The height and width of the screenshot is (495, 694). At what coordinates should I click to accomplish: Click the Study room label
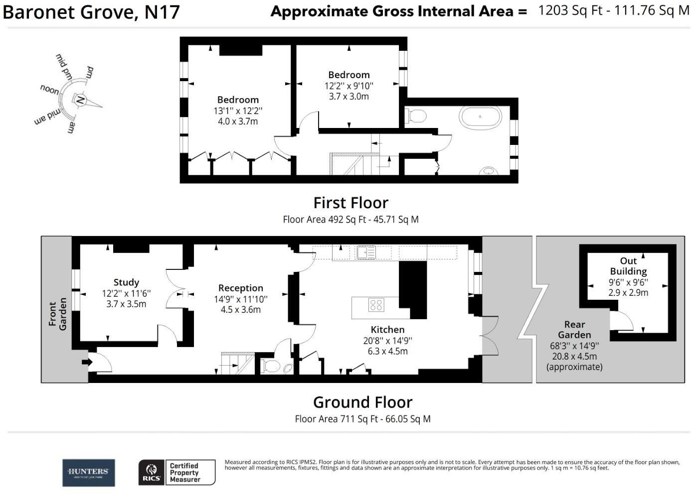[x=126, y=282]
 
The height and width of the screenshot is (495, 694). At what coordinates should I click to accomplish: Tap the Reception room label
[x=240, y=288]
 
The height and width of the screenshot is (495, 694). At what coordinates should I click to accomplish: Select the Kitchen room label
[x=387, y=330]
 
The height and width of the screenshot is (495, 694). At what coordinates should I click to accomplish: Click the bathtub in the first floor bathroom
[x=480, y=117]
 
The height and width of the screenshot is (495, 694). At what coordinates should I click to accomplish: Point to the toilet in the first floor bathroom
[x=416, y=116]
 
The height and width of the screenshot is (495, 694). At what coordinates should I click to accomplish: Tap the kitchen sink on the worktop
[x=366, y=252]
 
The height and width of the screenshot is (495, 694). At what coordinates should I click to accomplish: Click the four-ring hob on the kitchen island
[x=376, y=305]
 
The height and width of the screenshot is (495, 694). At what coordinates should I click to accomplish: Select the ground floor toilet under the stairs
[x=272, y=367]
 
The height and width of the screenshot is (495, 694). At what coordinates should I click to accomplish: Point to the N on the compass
[x=80, y=100]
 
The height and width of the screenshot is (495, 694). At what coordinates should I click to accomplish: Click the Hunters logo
[x=88, y=472]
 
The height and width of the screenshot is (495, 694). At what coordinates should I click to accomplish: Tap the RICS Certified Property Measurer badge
[x=177, y=472]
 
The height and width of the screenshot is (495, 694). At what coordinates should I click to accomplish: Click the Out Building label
[x=628, y=266]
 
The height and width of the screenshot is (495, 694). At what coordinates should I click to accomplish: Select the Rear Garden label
[x=574, y=330]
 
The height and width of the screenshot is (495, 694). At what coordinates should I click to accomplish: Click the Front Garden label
[x=57, y=314]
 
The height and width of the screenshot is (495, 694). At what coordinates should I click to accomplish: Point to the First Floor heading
[x=350, y=203]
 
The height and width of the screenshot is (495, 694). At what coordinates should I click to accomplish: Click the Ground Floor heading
[x=362, y=402]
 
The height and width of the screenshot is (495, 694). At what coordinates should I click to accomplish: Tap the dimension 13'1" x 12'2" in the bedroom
[x=238, y=111]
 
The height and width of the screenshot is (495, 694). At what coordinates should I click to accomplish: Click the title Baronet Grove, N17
[x=91, y=12]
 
